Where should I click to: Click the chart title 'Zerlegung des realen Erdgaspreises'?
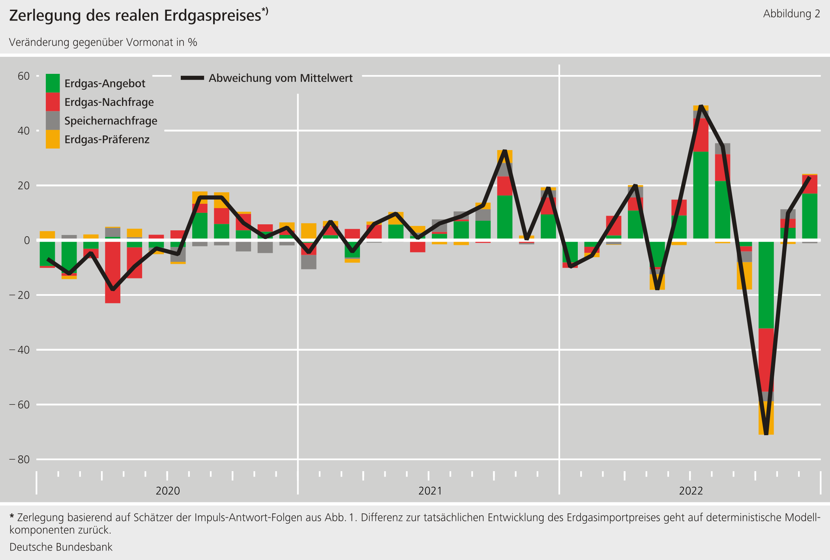135,16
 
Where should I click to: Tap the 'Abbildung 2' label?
791,14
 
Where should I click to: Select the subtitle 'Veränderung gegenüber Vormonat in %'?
103,42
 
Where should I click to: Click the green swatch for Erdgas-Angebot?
52,83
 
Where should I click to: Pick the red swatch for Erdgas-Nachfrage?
52,102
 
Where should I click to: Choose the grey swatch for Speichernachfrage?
52,120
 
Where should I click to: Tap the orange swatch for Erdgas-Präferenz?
52,139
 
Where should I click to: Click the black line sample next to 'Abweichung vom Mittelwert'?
192,78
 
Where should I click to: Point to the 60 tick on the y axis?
24,76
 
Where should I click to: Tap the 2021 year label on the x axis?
430,491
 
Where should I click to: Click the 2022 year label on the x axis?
691,491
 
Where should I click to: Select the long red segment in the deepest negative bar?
766,359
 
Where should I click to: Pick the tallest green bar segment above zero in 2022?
701,195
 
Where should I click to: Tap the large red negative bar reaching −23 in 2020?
112,272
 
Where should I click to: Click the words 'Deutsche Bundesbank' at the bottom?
61,547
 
